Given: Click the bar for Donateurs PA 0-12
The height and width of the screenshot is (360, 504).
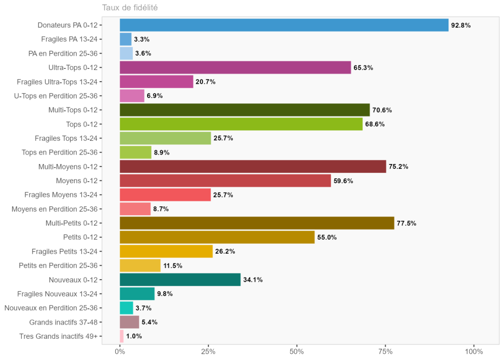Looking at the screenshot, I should click(284, 25).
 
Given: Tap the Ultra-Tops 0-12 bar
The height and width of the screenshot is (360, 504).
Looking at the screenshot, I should click(235, 67).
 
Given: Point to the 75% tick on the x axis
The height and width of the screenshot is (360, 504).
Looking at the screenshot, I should click(385, 352).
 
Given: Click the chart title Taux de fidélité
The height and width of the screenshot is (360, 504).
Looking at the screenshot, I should click(129, 7).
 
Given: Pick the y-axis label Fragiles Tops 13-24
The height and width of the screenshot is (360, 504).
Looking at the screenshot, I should click(66, 138).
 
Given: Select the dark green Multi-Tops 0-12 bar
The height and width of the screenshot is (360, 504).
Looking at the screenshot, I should click(245, 110).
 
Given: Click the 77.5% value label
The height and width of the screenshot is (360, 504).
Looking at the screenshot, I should click(407, 224).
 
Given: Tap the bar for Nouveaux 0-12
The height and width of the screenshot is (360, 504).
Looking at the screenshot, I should click(180, 280).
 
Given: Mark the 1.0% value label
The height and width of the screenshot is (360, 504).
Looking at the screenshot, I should click(134, 336).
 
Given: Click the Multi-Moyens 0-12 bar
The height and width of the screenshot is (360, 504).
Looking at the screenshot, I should click(253, 166).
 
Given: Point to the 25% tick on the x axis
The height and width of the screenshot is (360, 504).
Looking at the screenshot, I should click(208, 352).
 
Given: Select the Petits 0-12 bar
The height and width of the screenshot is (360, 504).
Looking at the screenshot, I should click(217, 237).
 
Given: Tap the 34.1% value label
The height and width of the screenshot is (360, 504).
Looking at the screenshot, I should click(253, 280).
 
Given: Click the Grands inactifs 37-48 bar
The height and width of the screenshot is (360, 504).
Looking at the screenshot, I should click(129, 322).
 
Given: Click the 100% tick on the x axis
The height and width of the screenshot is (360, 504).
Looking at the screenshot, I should click(474, 352).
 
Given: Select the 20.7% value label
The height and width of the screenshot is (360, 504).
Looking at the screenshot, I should click(206, 82).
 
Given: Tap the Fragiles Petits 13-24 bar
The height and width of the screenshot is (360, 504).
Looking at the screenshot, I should click(166, 252).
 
